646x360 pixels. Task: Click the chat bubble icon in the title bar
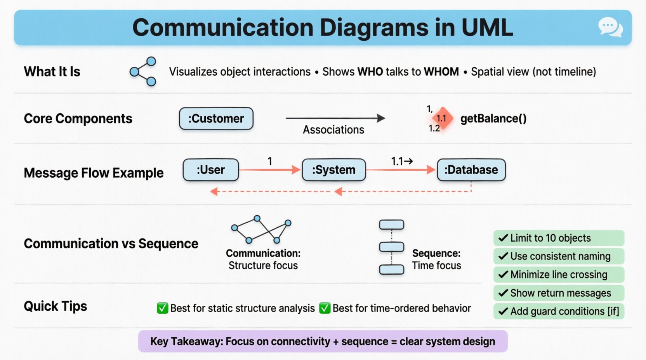click(x=610, y=28)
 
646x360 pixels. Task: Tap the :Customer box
click(x=216, y=118)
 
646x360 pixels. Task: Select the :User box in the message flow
click(x=211, y=170)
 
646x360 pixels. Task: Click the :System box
click(x=334, y=170)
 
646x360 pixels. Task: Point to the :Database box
click(x=471, y=170)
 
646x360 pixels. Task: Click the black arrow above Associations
click(x=335, y=118)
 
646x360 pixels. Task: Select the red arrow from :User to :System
click(x=269, y=170)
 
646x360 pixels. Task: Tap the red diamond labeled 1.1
click(x=442, y=118)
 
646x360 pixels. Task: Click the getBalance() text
click(x=493, y=118)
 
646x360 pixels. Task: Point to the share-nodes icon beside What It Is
click(x=143, y=71)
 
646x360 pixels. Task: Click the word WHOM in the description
click(x=441, y=72)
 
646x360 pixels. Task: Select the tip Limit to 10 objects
click(x=558, y=238)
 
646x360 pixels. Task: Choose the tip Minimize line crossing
click(x=558, y=274)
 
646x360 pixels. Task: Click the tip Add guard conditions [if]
click(x=558, y=311)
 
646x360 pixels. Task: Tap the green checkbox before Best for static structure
click(x=162, y=308)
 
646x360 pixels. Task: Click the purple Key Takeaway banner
click(x=323, y=341)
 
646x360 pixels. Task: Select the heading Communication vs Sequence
click(x=111, y=244)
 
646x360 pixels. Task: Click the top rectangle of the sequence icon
click(x=391, y=225)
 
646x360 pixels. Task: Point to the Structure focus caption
click(x=263, y=265)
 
